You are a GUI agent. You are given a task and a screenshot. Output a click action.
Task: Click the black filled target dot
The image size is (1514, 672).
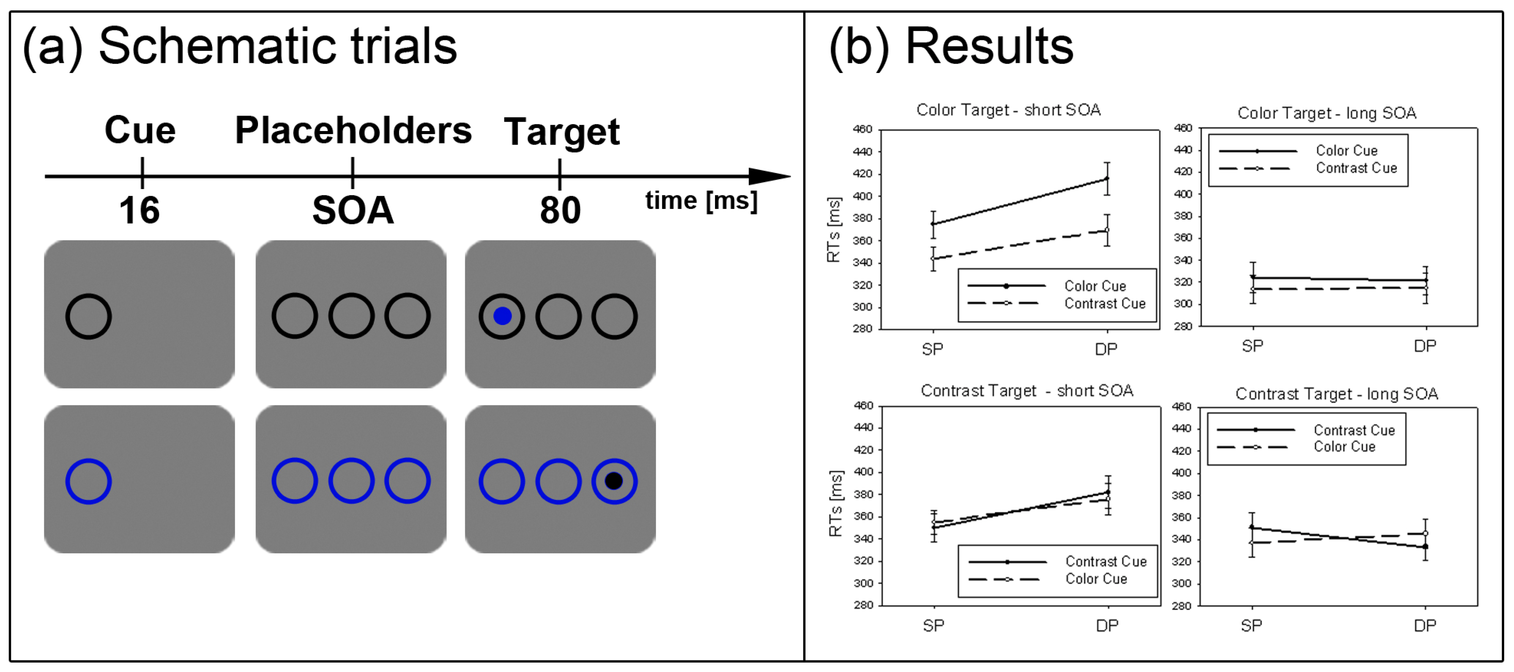click(x=614, y=481)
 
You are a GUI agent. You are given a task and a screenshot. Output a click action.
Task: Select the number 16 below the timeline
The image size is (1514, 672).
click(x=139, y=210)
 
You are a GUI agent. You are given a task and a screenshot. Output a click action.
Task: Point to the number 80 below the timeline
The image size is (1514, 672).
click(x=560, y=210)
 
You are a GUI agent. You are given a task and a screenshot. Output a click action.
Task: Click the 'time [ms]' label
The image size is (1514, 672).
click(x=701, y=201)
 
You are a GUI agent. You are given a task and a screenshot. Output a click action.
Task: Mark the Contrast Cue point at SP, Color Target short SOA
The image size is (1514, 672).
click(x=933, y=258)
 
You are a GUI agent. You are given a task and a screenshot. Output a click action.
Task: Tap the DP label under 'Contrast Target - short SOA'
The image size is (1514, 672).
click(x=1107, y=626)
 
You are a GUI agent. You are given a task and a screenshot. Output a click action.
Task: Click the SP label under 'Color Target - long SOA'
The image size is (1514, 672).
click(x=1253, y=346)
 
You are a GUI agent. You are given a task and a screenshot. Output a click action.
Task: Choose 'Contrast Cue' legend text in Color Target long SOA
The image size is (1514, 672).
click(x=1356, y=168)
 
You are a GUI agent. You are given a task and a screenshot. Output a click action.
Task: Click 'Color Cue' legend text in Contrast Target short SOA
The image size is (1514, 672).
click(x=1096, y=579)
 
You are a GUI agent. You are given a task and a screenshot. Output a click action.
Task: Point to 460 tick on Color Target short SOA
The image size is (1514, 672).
click(x=862, y=129)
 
